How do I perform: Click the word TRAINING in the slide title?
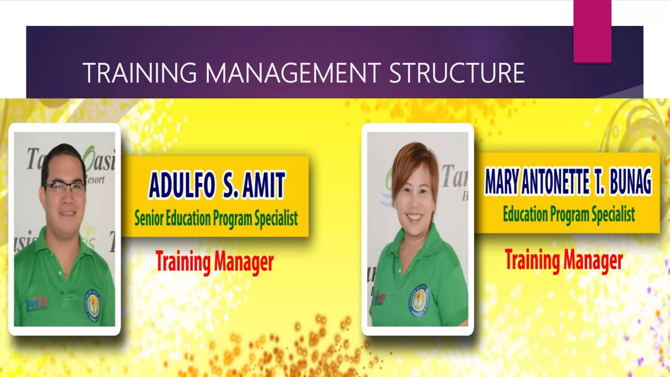pyautogui.click(x=140, y=73)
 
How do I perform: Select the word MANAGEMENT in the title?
pyautogui.click(x=293, y=73)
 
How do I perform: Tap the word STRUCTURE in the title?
pyautogui.click(x=457, y=73)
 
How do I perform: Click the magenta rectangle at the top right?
pyautogui.click(x=592, y=31)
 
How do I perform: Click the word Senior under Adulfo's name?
pyautogui.click(x=149, y=218)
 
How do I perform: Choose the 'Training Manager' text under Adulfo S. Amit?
pyautogui.click(x=214, y=262)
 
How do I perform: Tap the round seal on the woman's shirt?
pyautogui.click(x=418, y=301)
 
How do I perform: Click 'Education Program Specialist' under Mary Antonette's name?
pyautogui.click(x=569, y=214)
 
